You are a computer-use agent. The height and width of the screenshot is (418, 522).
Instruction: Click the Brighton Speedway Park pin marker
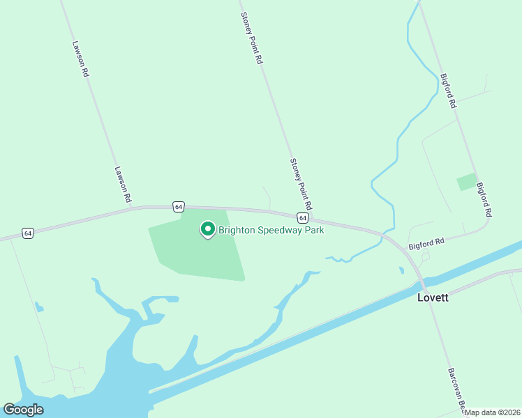click(x=207, y=229)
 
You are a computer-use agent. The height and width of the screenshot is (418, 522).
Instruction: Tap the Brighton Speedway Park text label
click(x=271, y=229)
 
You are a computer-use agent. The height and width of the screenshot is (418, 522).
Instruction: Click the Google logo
click(x=24, y=410)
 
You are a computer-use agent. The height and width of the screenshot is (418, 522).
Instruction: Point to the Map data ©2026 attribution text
click(x=493, y=412)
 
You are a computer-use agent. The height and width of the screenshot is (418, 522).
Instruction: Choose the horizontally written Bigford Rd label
click(x=426, y=245)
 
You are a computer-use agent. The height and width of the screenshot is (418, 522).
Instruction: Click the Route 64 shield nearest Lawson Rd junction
click(x=179, y=207)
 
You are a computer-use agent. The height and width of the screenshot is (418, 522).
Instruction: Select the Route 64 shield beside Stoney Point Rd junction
click(x=302, y=217)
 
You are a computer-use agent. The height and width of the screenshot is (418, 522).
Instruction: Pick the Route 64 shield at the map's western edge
click(x=27, y=233)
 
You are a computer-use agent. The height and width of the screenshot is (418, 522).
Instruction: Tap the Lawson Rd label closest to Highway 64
click(x=124, y=185)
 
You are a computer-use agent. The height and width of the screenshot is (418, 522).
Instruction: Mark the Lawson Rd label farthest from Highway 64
click(x=80, y=59)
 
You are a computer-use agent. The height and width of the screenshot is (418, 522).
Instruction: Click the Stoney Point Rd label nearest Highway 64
click(x=301, y=185)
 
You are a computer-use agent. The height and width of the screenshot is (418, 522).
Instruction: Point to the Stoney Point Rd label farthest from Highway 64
click(x=251, y=38)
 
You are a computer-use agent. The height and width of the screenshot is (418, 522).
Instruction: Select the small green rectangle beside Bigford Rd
click(x=467, y=182)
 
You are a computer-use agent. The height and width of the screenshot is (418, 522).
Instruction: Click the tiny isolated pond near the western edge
click(x=38, y=307)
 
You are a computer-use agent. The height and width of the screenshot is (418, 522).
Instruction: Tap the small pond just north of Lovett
click(x=401, y=270)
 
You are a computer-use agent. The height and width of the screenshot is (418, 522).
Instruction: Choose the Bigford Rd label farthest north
click(x=447, y=91)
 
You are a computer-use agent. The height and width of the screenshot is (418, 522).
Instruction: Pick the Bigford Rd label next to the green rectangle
click(x=484, y=199)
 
